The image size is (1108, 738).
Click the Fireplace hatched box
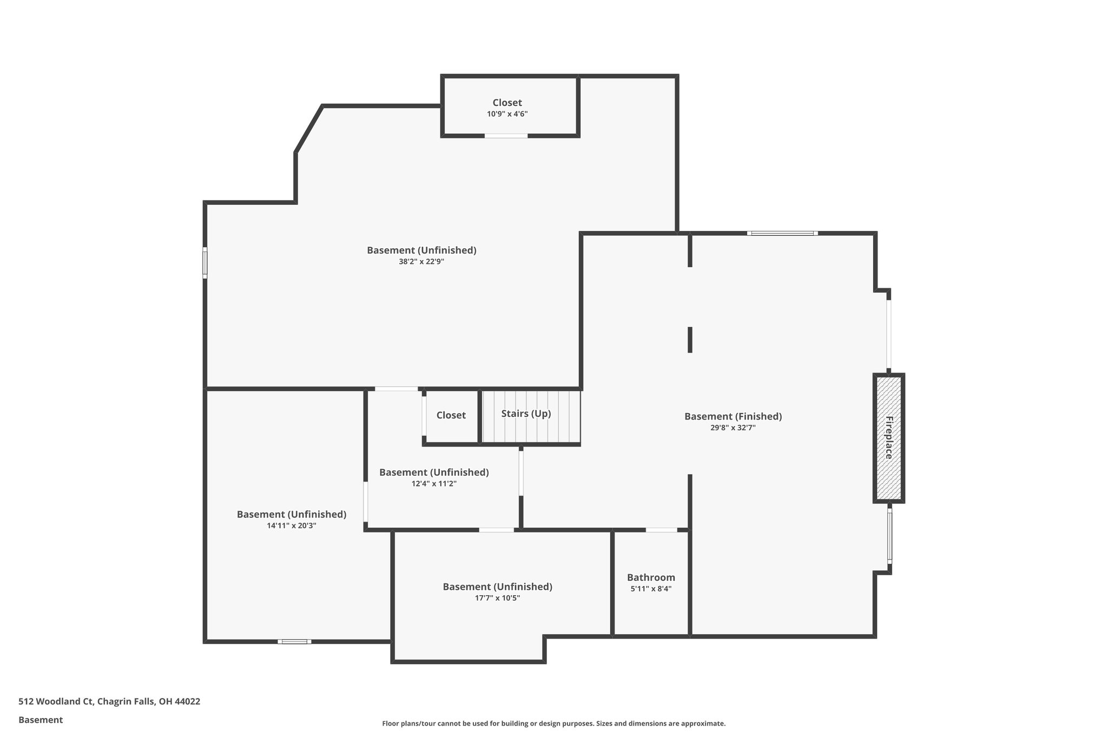[888, 438]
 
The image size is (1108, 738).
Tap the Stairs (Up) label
[526, 414]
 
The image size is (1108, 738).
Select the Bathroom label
[651, 577]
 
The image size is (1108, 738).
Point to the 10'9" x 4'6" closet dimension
[507, 114]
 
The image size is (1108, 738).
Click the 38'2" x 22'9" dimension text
[421, 262]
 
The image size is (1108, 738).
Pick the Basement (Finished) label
[733, 416]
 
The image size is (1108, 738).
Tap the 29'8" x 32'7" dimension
[733, 428]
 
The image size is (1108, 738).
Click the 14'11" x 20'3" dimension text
[292, 526]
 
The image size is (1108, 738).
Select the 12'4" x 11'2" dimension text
[434, 484]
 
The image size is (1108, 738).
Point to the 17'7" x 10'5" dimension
[497, 598]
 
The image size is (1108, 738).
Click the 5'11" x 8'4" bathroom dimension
[651, 589]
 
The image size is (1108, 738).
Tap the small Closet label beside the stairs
[451, 415]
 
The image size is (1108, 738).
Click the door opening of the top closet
[506, 136]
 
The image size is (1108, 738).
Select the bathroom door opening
[661, 530]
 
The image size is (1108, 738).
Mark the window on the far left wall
[205, 263]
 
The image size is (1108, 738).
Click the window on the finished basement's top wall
[782, 234]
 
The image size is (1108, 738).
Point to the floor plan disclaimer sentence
[553, 723]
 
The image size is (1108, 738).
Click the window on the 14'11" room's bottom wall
[294, 642]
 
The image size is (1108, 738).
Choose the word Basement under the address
[41, 720]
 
